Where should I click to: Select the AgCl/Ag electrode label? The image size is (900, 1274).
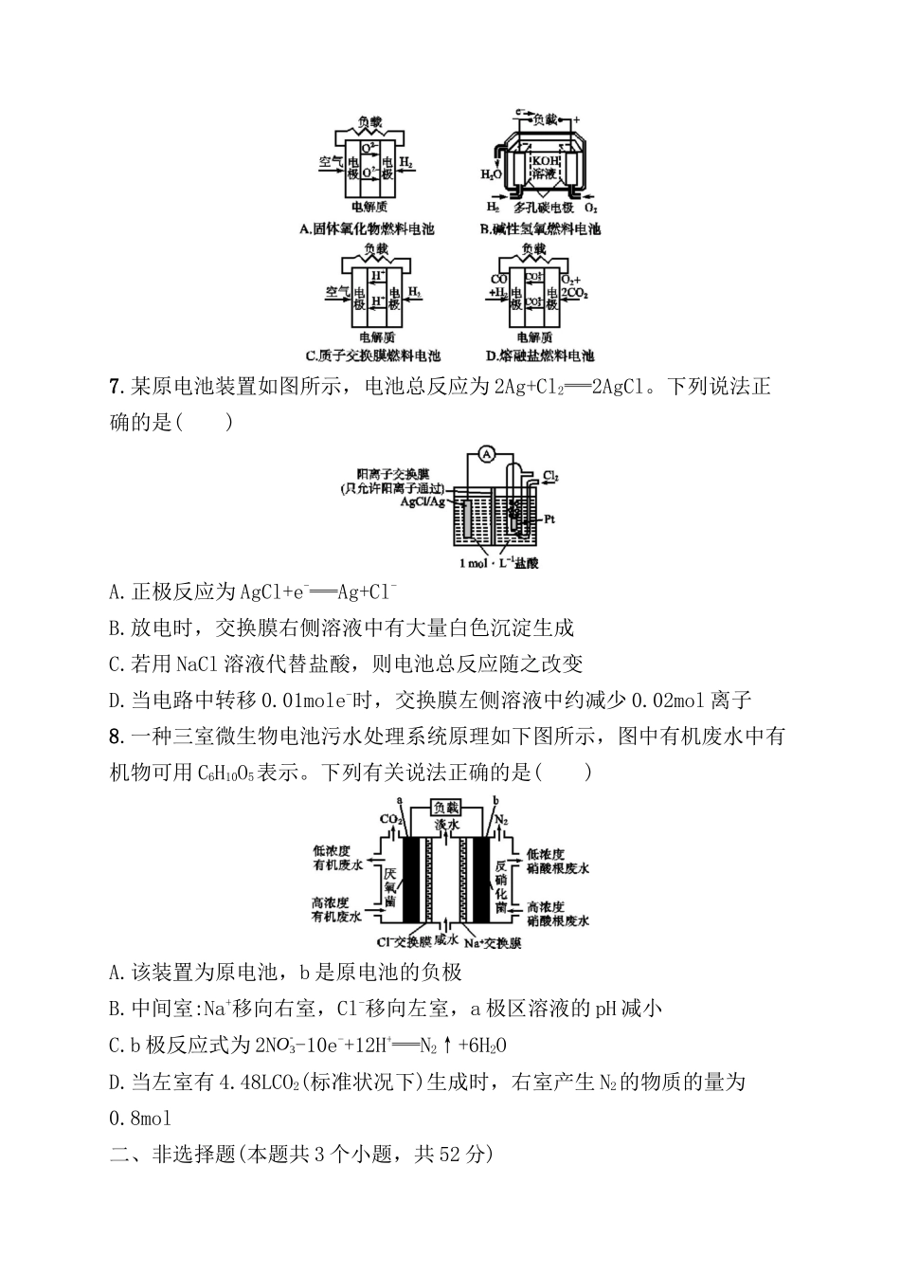(423, 501)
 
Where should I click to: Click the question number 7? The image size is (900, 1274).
(117, 387)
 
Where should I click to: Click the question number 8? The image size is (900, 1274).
(117, 737)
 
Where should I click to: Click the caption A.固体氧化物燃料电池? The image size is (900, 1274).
(367, 228)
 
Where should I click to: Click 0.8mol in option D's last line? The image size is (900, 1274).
(140, 1118)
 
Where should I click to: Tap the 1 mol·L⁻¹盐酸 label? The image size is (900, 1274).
(499, 563)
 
